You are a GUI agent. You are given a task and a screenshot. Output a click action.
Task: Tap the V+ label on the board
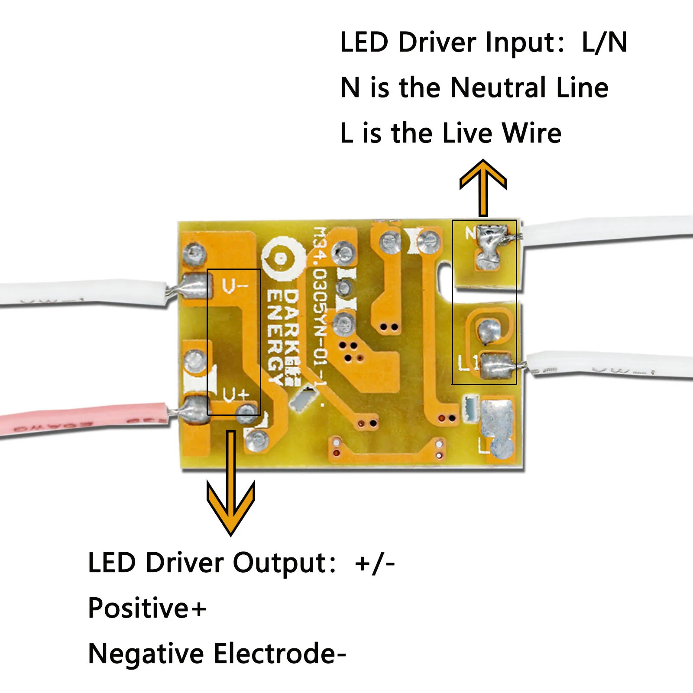tap(236, 395)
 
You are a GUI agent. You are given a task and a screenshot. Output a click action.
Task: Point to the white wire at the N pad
tap(606, 232)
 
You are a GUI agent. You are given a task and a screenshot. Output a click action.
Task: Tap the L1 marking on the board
tap(467, 363)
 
